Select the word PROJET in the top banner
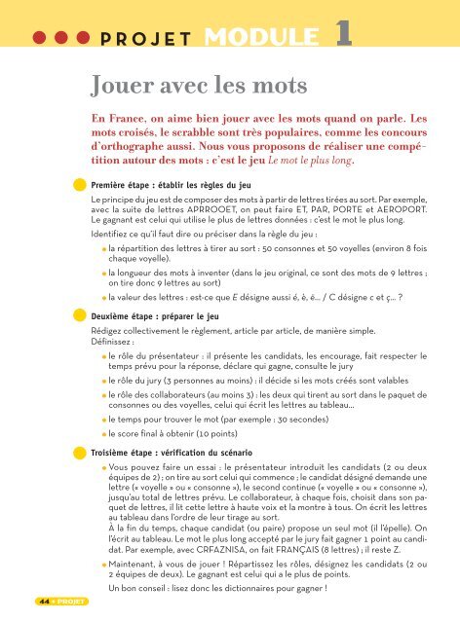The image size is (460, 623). tap(147, 41)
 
